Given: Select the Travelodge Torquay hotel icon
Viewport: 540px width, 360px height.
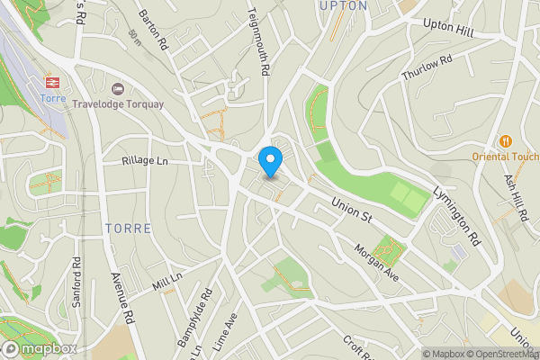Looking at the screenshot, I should click(x=116, y=89).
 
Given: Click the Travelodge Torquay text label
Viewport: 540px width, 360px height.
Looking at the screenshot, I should click(x=119, y=103).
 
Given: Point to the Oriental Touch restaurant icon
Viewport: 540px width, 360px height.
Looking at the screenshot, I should click(x=505, y=140).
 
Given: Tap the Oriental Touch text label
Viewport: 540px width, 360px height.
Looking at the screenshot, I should click(x=505, y=155).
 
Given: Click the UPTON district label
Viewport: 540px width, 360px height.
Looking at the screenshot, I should click(x=343, y=5).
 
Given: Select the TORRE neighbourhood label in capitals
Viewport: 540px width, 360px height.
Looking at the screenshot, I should click(x=127, y=229).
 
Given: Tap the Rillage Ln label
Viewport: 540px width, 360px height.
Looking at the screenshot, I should click(x=146, y=161).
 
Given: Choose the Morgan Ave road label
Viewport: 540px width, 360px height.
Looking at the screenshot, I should click(x=375, y=259).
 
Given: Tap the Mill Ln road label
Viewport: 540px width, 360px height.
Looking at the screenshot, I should click(x=167, y=283).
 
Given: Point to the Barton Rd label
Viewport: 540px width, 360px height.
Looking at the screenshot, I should click(x=154, y=31).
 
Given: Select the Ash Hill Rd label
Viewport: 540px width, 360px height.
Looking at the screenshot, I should click(x=521, y=200).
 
